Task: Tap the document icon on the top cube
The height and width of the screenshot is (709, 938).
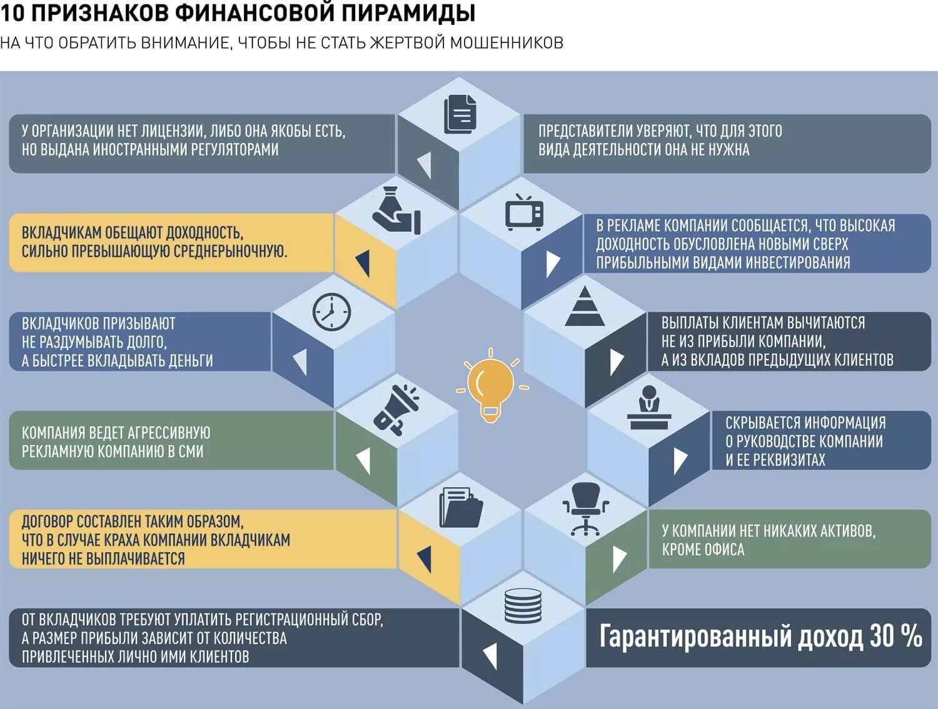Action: coord(460,114)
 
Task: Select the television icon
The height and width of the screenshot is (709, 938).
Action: coord(524,212)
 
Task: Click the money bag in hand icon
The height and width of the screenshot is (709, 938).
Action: coord(396,211)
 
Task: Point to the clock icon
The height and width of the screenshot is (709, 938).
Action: coord(331,311)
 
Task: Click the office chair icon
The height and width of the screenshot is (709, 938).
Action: coord(585,508)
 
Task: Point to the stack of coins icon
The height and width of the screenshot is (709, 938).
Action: coord(523,605)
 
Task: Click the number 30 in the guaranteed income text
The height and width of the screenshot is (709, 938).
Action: coord(881,636)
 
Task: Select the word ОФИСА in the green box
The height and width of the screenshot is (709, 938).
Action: coord(724,550)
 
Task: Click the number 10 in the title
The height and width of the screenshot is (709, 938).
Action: coord(13,13)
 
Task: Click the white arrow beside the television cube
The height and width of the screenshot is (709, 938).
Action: coord(553,263)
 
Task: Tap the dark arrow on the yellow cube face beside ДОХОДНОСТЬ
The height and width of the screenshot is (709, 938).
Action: coord(363,263)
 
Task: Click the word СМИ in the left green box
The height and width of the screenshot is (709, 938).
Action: coord(191,451)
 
